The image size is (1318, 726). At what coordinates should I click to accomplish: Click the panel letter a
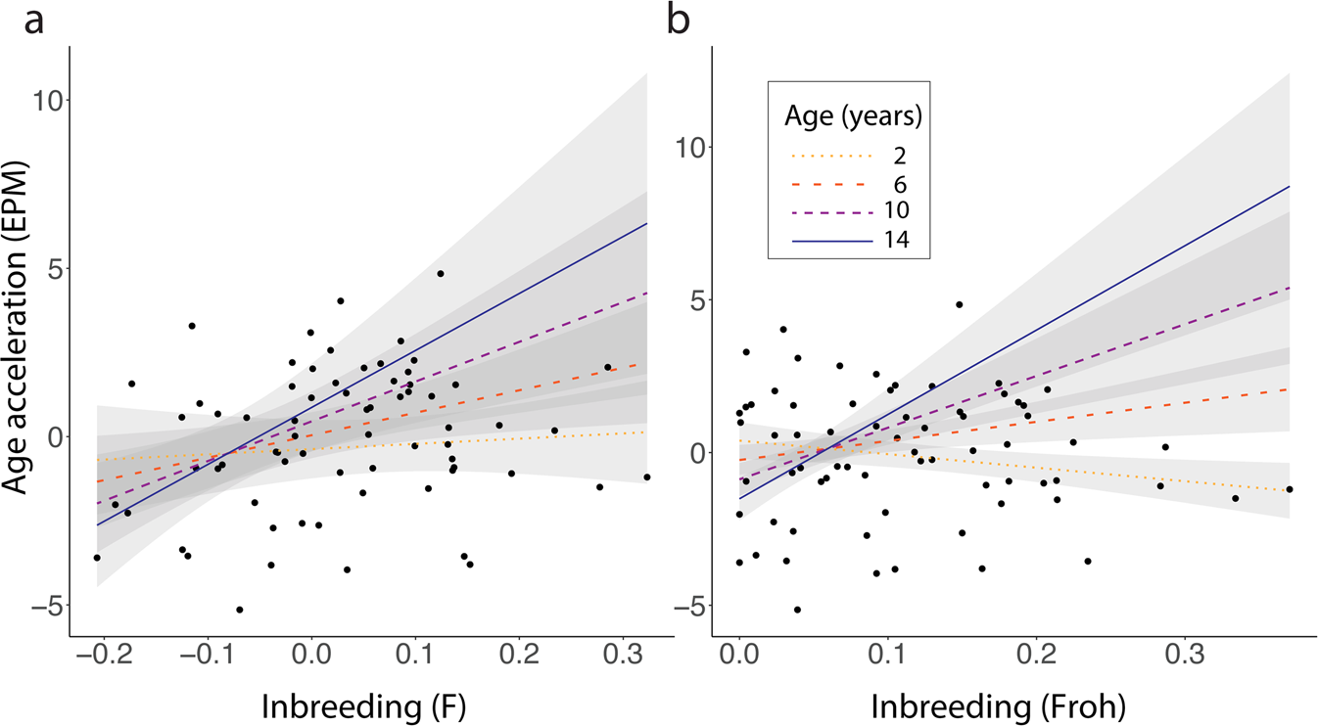[33, 22]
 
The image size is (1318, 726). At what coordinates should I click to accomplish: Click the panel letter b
[679, 22]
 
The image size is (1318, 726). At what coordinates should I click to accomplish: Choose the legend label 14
[899, 241]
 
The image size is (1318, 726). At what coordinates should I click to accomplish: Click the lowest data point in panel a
[239, 610]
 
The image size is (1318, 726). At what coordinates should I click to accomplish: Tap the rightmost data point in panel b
[1290, 489]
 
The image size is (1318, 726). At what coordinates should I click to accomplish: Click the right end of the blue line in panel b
[1290, 186]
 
